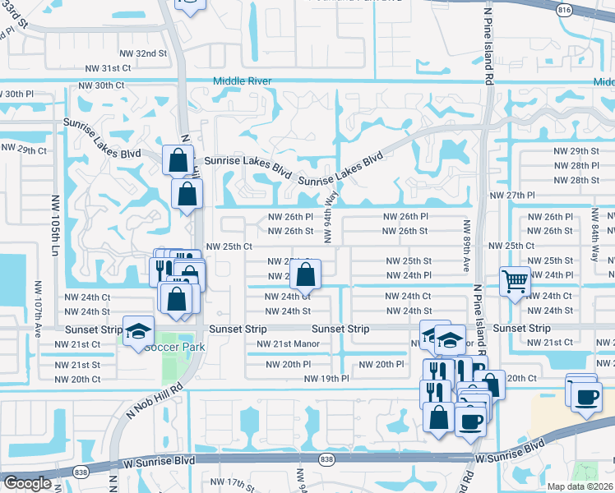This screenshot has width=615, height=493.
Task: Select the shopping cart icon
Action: (515, 282)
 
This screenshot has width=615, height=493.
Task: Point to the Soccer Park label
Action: (173, 346)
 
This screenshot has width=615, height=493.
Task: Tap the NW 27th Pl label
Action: (512, 196)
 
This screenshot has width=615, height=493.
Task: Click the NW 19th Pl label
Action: (327, 379)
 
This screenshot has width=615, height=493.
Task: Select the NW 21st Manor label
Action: (287, 344)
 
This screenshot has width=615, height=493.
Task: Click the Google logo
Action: (27, 483)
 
